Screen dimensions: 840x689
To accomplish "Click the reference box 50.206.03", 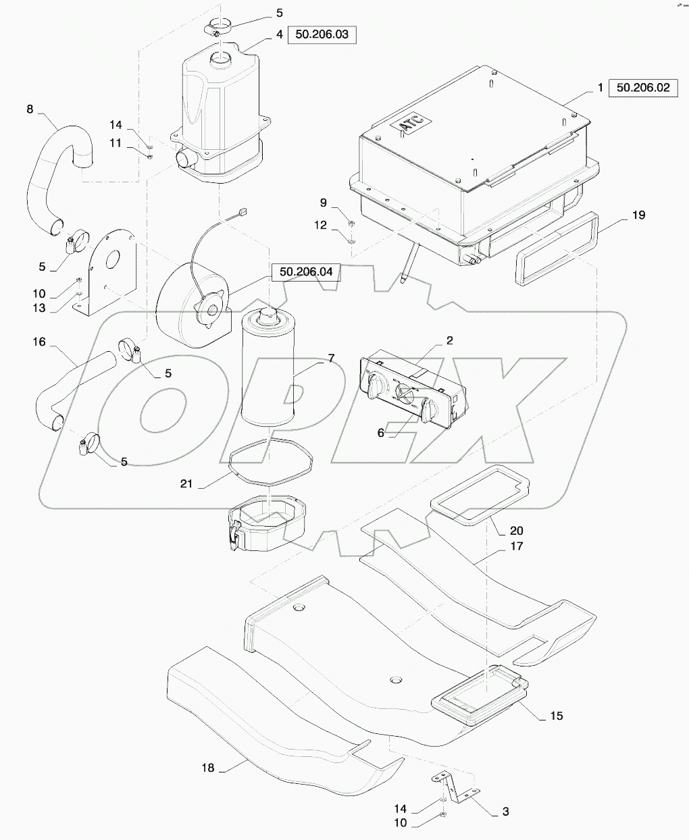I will coord(322,34).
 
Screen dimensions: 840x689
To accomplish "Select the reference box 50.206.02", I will coord(642,88).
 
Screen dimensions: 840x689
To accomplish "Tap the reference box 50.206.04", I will coord(306,272).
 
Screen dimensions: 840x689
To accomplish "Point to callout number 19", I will coord(638,215).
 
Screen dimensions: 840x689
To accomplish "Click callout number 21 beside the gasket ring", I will coord(186,483).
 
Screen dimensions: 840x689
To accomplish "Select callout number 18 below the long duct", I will coord(207,768).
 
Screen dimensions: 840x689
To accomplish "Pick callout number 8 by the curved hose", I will coord(30,108).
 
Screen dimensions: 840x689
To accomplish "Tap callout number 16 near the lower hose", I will coord(39,342).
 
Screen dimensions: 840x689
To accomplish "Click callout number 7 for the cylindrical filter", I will coord(331,358).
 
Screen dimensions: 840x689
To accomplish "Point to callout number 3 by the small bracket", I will coord(505,812).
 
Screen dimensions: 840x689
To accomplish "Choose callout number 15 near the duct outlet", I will coord(556,716).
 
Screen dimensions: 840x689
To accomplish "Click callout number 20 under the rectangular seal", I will coord(516,531).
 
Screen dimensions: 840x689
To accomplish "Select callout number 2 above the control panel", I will coord(449,340).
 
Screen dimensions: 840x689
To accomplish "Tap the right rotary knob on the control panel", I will coord(428,409).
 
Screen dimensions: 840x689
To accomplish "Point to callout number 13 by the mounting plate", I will coord(39,308).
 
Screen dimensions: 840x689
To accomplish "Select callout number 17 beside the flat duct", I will coord(516,546).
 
